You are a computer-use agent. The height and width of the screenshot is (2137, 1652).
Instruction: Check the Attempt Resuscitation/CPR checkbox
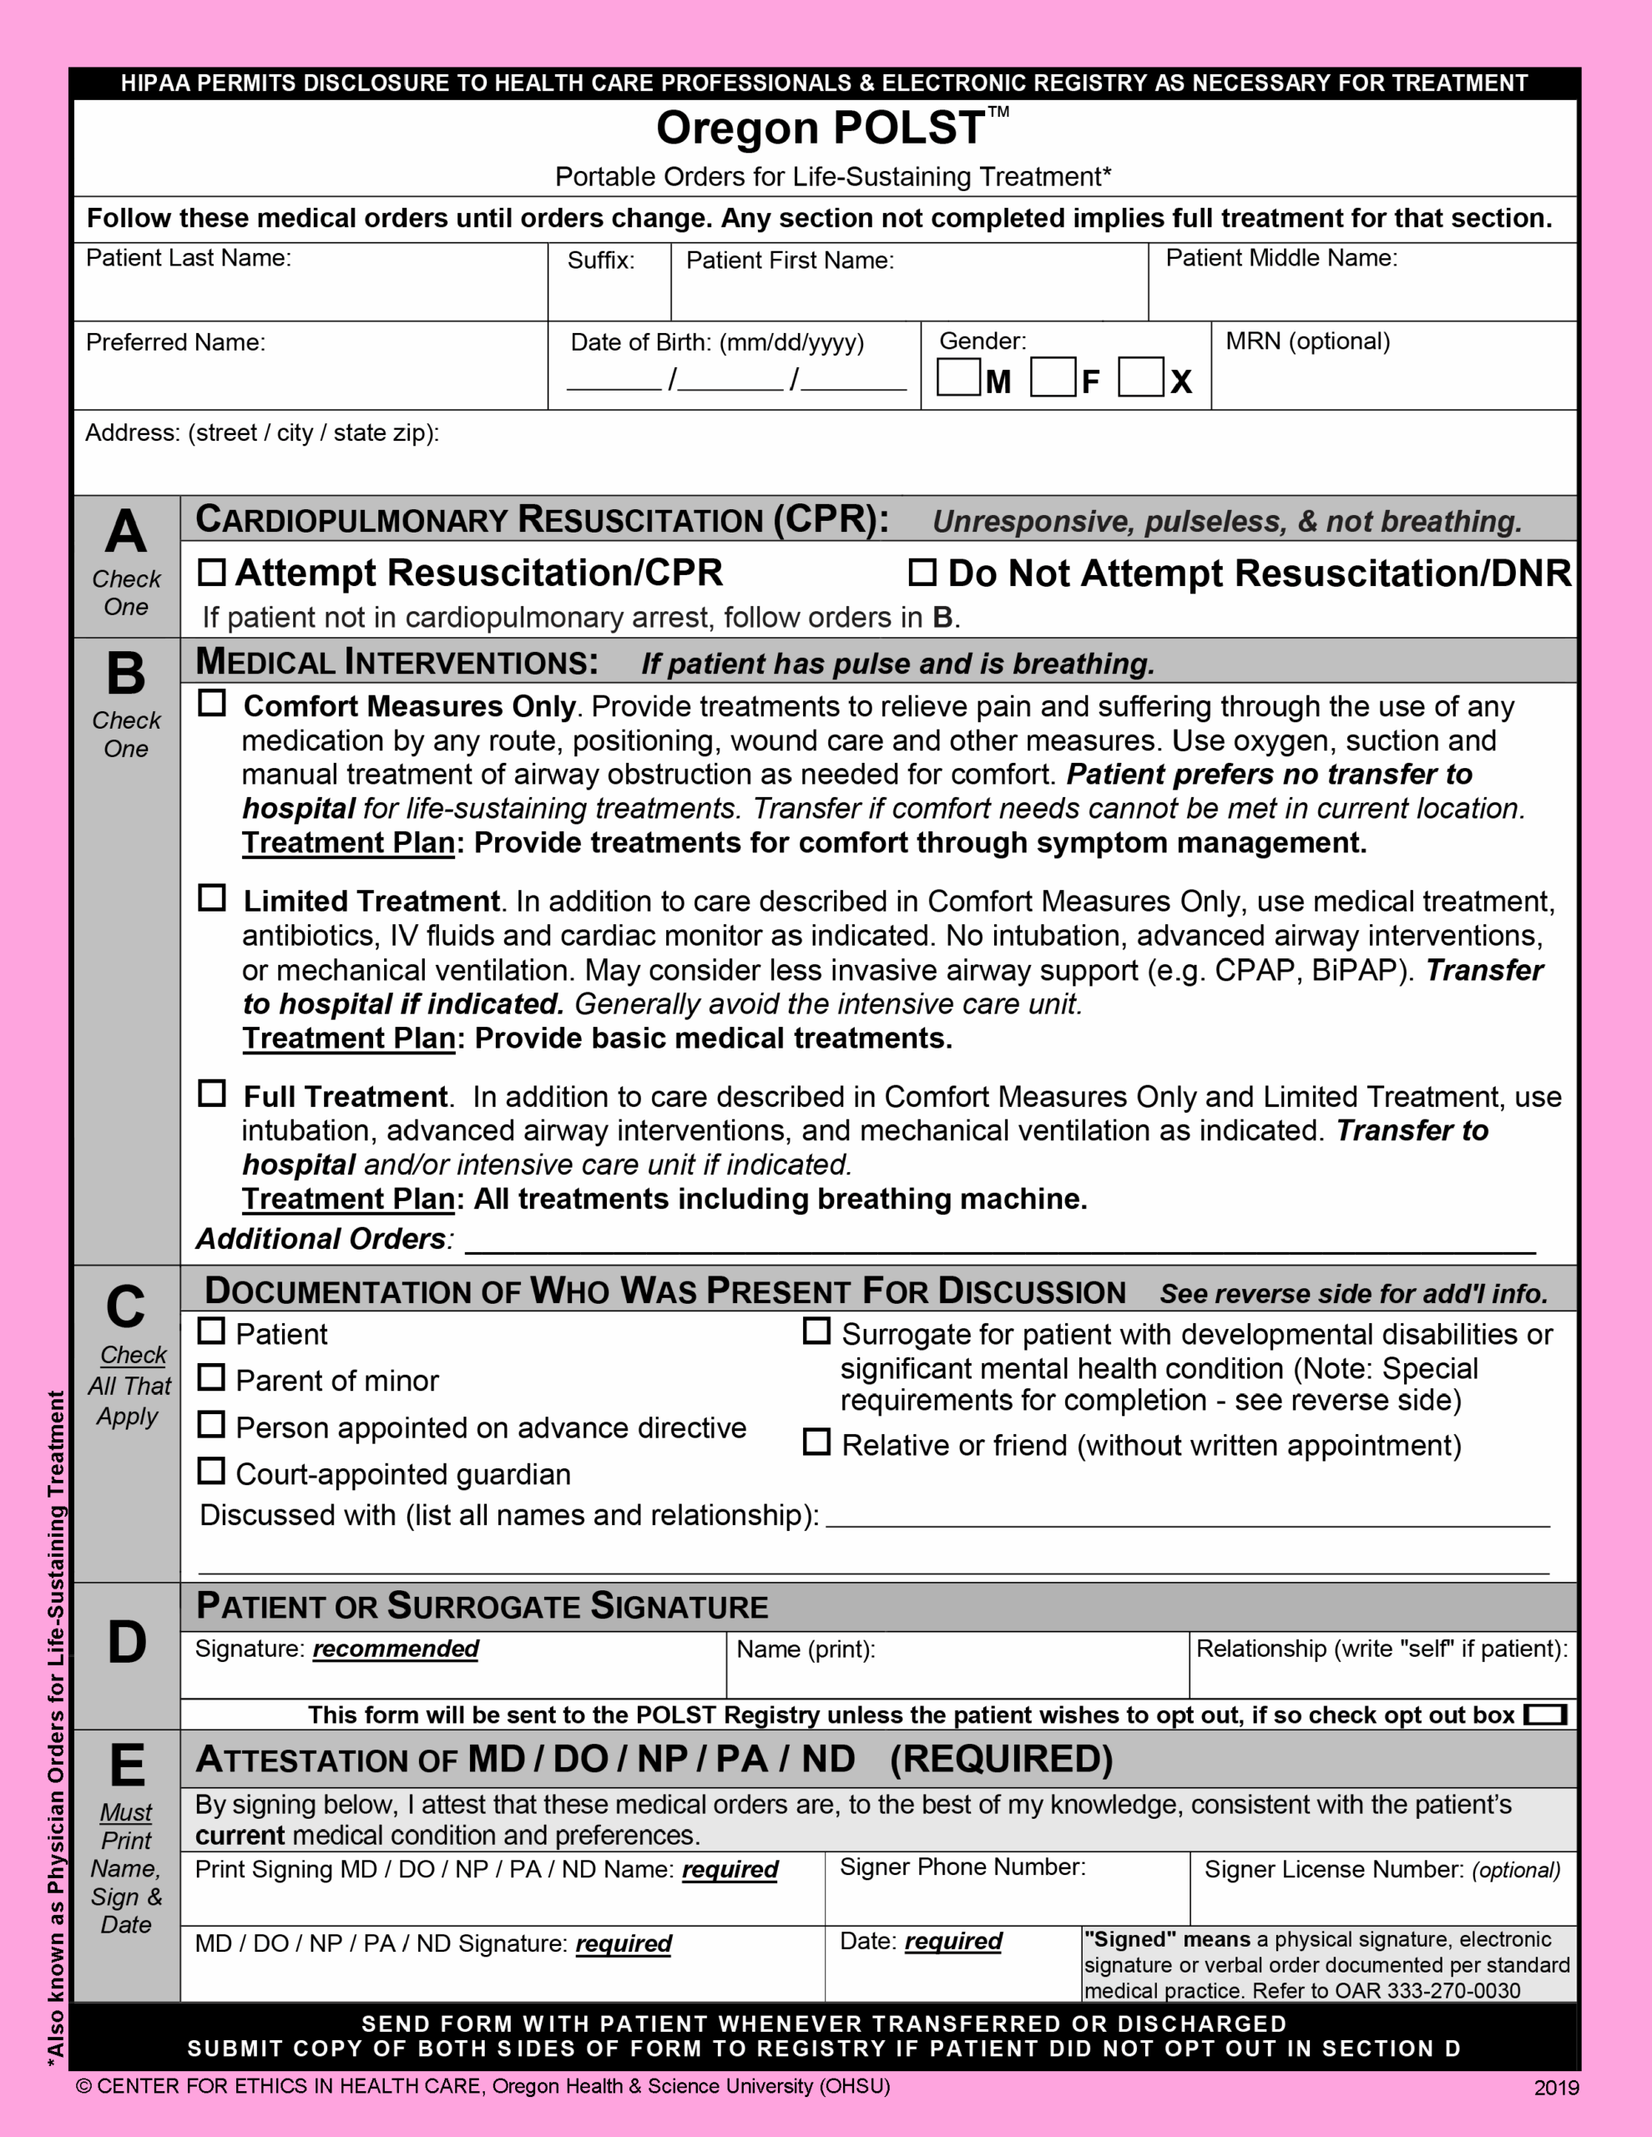(x=211, y=573)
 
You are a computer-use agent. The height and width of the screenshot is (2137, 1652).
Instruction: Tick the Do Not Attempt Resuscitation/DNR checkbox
(x=922, y=573)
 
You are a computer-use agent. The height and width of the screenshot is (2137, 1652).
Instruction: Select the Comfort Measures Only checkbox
(x=211, y=704)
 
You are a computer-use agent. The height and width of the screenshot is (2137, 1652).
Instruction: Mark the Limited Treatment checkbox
(x=211, y=898)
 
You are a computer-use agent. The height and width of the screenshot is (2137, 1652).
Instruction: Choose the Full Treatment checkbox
(x=211, y=1093)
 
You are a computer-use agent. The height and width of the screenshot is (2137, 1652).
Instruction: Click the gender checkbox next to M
(x=958, y=377)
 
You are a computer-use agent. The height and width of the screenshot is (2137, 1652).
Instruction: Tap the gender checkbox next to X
(x=1140, y=377)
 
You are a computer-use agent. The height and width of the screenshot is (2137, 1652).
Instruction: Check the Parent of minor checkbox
(x=211, y=1377)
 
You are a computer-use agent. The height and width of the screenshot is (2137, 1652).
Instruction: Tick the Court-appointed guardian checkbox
(x=211, y=1472)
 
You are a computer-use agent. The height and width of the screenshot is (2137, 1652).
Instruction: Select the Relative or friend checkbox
(x=816, y=1442)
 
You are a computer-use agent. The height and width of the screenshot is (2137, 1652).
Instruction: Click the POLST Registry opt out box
(x=1545, y=1715)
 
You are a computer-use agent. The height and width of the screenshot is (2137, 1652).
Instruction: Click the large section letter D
(x=126, y=1643)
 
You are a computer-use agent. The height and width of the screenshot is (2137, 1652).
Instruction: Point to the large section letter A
(x=126, y=533)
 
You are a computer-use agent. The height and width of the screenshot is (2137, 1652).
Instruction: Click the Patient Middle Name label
(x=1281, y=258)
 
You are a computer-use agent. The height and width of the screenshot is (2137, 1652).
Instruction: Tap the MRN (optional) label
(x=1306, y=341)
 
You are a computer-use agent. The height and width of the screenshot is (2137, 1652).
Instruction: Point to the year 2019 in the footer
(x=1556, y=2088)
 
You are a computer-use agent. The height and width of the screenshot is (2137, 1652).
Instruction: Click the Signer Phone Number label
(x=962, y=1867)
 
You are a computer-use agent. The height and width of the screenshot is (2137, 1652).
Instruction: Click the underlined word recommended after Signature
(x=396, y=1649)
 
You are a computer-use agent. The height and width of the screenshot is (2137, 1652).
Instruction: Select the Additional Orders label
(x=323, y=1239)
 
